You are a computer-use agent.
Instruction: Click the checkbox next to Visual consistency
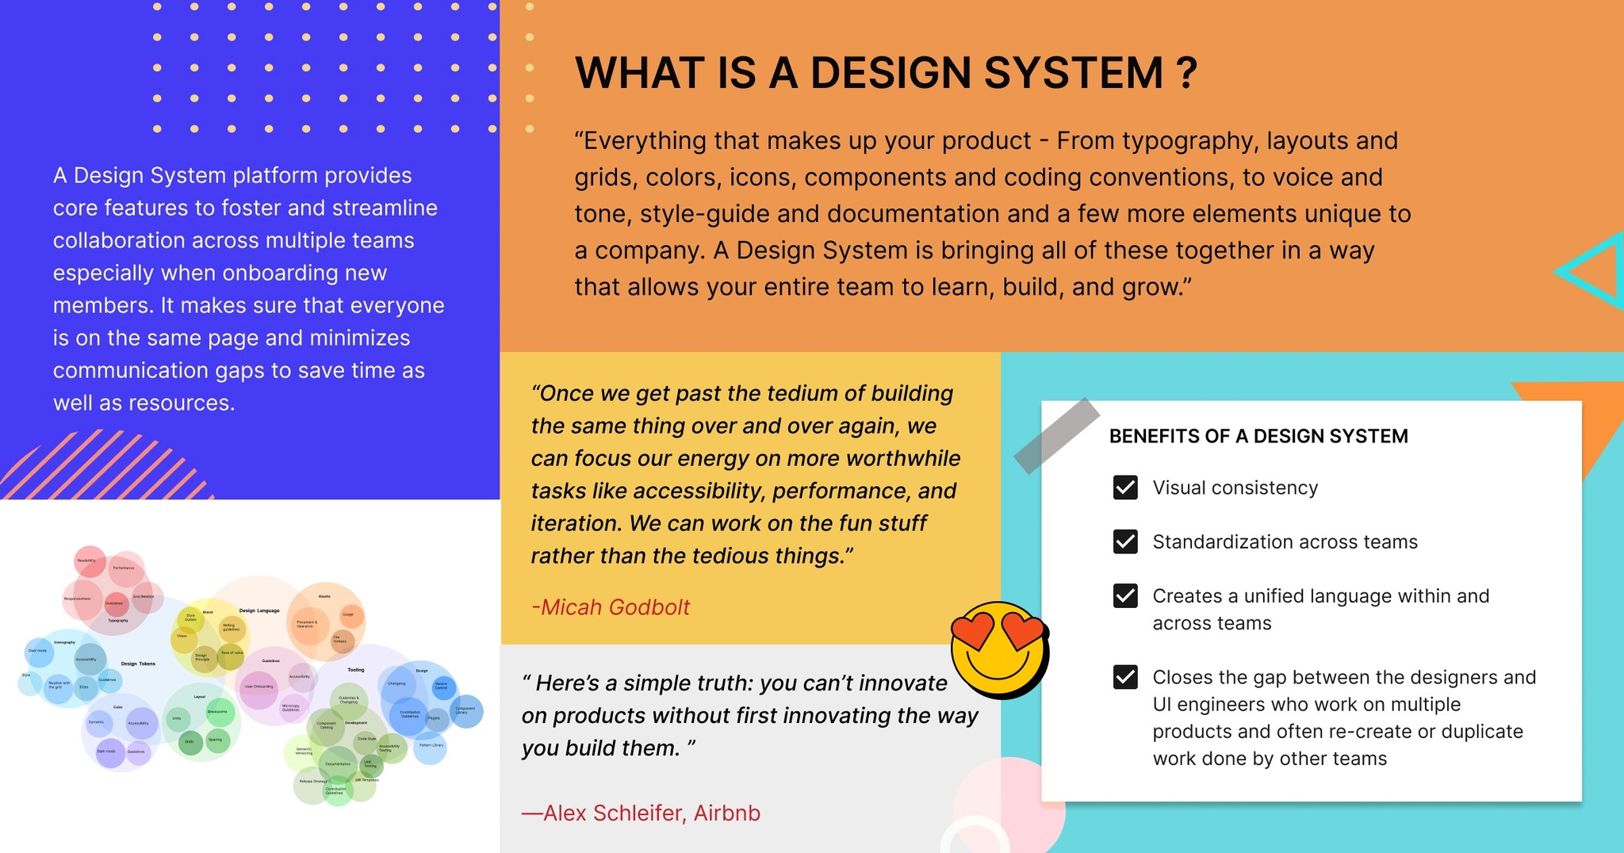coord(1125,488)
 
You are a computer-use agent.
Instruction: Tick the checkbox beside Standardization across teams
coord(1125,541)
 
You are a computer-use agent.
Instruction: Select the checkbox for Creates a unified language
coord(1125,595)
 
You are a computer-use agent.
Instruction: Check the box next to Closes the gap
coord(1125,677)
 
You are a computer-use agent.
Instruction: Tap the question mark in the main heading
coord(1186,73)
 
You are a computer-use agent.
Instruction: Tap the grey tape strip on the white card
coord(1056,436)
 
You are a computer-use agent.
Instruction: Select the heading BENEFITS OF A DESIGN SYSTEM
coord(1258,436)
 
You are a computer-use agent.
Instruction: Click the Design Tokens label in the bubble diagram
coord(138,664)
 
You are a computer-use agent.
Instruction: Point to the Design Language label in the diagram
coord(259,610)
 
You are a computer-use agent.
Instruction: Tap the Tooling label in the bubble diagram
coord(356,670)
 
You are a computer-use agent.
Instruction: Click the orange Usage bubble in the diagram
coord(350,615)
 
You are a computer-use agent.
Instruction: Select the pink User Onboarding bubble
coord(259,687)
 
